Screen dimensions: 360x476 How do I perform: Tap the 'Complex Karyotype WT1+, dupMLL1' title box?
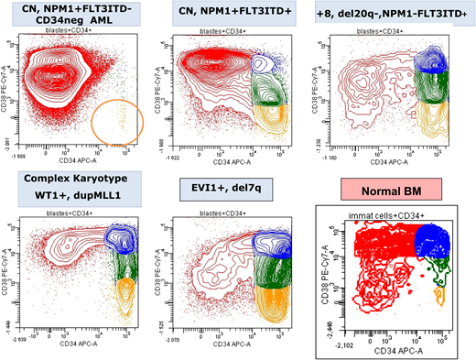coord(68,182)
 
